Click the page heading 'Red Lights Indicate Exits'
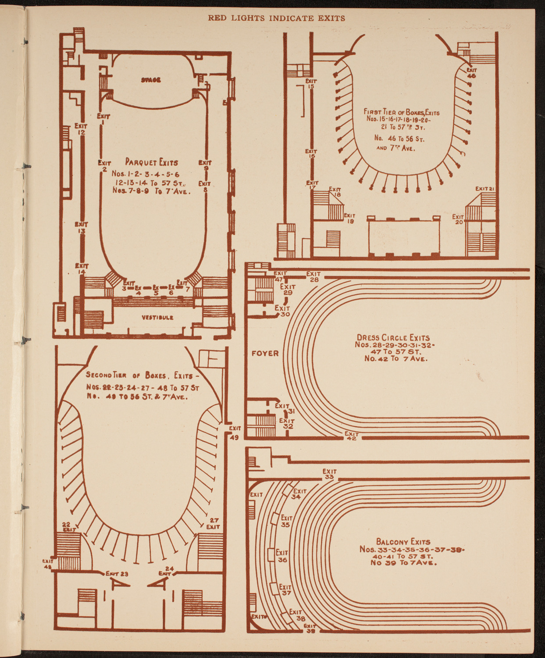click(x=276, y=18)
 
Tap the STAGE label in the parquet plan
click(x=150, y=80)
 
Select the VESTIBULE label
click(x=157, y=317)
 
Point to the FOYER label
click(x=265, y=353)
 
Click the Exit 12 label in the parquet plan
click(x=81, y=129)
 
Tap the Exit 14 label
click(x=82, y=268)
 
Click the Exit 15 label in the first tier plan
click(x=311, y=83)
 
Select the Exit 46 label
click(x=471, y=72)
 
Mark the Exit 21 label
click(x=485, y=189)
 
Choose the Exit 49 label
click(x=234, y=432)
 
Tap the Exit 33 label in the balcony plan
click(x=329, y=474)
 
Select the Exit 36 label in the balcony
click(x=282, y=556)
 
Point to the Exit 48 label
click(x=47, y=563)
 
